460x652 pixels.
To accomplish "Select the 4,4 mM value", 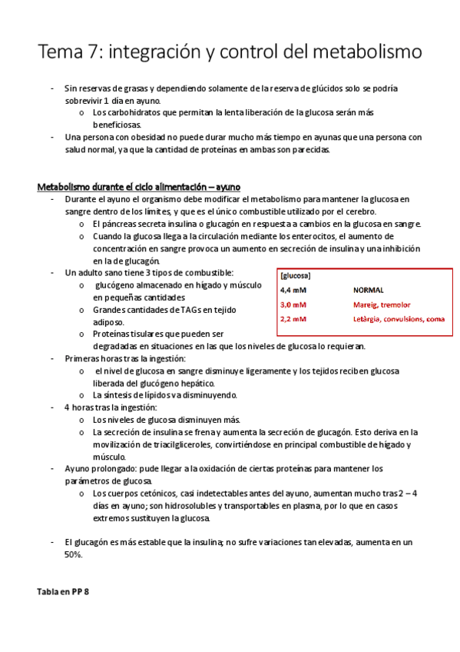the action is (293, 291).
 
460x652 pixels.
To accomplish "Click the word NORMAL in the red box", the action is (369, 291).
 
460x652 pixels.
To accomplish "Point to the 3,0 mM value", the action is (293, 305).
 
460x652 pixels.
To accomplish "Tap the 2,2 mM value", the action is (293, 319).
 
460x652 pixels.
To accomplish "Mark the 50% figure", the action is (73, 554).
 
